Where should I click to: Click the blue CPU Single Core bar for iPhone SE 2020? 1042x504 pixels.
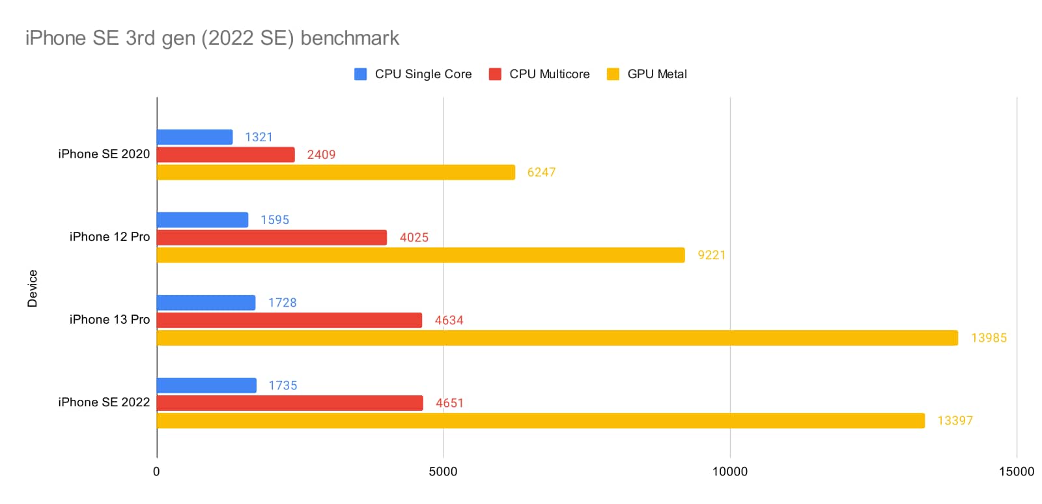click(x=195, y=137)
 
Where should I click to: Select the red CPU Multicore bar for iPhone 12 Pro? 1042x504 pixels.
click(x=272, y=238)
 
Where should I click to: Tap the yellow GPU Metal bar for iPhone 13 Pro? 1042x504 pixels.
click(x=557, y=338)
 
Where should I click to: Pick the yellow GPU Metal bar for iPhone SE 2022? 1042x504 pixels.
click(x=541, y=421)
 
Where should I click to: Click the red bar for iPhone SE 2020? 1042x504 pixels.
click(x=225, y=155)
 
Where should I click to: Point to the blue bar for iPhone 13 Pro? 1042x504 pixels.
click(x=206, y=303)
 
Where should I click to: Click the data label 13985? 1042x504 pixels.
click(x=989, y=338)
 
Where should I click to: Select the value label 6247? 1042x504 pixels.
click(x=541, y=173)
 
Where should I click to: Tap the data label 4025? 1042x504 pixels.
click(x=414, y=238)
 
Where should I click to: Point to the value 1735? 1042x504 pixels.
click(x=283, y=385)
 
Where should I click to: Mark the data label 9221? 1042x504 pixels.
click(x=711, y=255)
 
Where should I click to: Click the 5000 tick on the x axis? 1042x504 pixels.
click(x=443, y=471)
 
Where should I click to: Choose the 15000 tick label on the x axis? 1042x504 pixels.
click(x=1016, y=471)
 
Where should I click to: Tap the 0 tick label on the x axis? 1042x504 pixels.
click(x=156, y=471)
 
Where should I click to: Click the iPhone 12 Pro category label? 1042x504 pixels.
click(x=109, y=237)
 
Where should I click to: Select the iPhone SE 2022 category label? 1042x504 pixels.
click(x=104, y=402)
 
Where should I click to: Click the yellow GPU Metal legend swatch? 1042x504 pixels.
click(x=613, y=74)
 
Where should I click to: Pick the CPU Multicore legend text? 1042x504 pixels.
click(x=549, y=74)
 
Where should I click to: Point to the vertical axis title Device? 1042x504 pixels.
click(x=33, y=288)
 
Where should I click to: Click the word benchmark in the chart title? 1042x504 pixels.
click(x=350, y=38)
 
